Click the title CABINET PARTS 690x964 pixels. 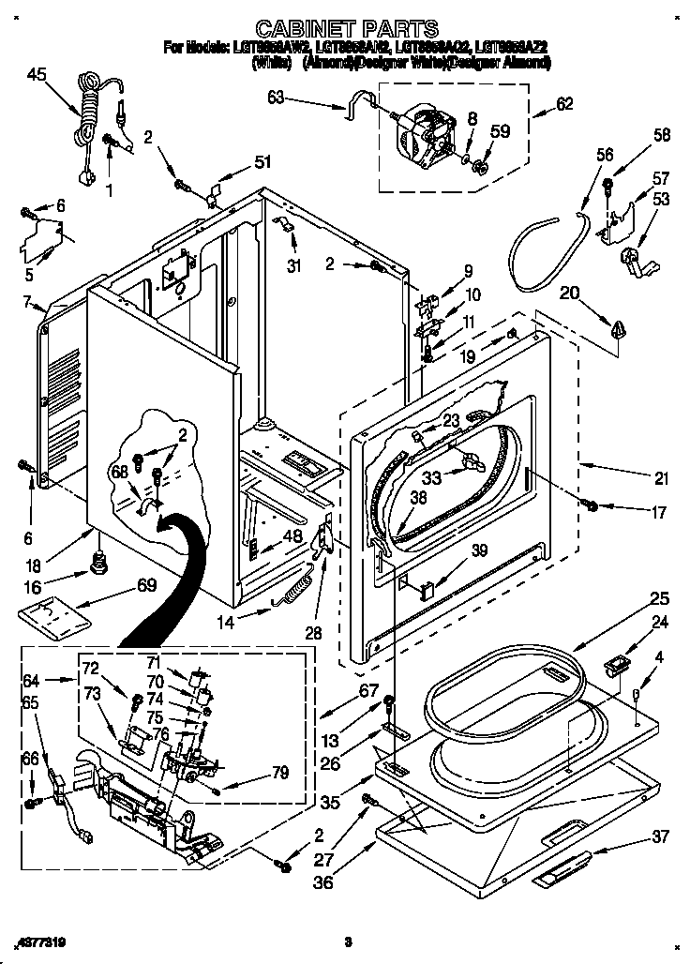pos(347,28)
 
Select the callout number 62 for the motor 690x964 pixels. pos(564,105)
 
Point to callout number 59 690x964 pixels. pos(502,132)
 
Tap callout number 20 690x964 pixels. pos(569,294)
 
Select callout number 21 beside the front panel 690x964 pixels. pos(662,479)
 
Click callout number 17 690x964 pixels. pos(659,513)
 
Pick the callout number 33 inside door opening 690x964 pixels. pos(432,477)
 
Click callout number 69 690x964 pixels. pos(145,586)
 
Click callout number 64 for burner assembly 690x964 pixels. pos(30,682)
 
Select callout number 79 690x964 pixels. pos(279,773)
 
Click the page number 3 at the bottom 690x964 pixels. pos(347,941)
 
